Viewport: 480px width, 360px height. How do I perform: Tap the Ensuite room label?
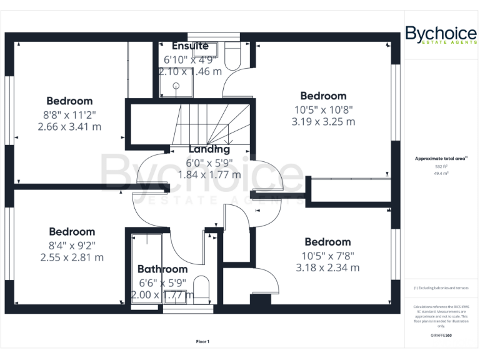pos(190,46)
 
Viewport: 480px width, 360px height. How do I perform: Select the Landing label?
pos(209,149)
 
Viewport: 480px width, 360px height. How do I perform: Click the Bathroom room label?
pos(162,269)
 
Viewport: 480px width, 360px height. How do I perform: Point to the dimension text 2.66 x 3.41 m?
pos(69,127)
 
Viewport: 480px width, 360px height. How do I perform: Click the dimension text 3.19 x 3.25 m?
pos(323,122)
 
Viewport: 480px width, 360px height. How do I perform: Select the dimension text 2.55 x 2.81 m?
pos(72,257)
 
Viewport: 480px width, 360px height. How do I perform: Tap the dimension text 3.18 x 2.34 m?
pos(327,267)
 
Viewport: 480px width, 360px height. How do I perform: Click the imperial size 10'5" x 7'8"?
pos(327,255)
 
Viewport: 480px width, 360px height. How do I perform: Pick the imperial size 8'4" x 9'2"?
pos(72,245)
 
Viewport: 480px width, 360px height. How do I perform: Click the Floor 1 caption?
pos(202,341)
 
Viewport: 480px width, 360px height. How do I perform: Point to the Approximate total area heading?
pos(441,159)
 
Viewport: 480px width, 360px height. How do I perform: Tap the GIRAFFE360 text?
pos(441,336)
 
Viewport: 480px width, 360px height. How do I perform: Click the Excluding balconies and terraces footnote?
pos(441,287)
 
